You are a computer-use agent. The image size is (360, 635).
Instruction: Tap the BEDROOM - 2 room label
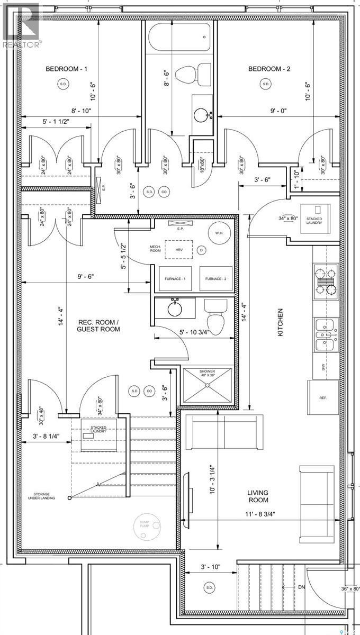click(x=269, y=69)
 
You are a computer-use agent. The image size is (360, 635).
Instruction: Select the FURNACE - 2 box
click(x=216, y=279)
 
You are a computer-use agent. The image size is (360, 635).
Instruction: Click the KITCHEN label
click(x=280, y=322)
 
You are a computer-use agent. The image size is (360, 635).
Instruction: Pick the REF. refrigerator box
click(x=323, y=398)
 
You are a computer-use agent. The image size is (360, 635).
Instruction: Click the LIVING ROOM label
click(x=257, y=496)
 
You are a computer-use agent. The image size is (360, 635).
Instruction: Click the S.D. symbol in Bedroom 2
click(x=265, y=84)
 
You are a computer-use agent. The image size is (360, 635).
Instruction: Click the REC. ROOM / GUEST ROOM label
click(x=98, y=325)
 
